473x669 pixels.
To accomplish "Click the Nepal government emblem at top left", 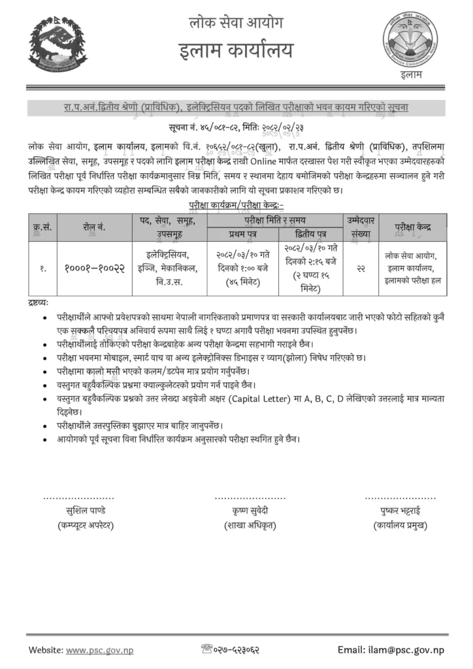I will coord(57,44).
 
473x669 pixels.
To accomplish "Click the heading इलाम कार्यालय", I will coord(236,50).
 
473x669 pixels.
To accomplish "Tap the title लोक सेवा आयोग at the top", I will coord(236,25).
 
